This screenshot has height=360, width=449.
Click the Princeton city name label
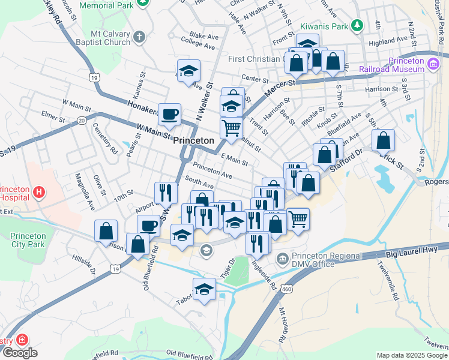pos(193,140)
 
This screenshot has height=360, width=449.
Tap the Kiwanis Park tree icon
pos(358,25)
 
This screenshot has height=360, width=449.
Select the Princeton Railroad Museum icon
pos(434,65)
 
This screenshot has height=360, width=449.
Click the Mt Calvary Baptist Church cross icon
pos(139,37)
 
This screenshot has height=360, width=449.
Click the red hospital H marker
pos(39,193)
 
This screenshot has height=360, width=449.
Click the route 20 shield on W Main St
pos(82,121)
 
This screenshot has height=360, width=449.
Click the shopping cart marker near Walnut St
pos(231,127)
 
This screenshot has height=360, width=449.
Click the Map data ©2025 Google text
pos(411,355)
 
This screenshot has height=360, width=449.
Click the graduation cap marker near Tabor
pos(204,289)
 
